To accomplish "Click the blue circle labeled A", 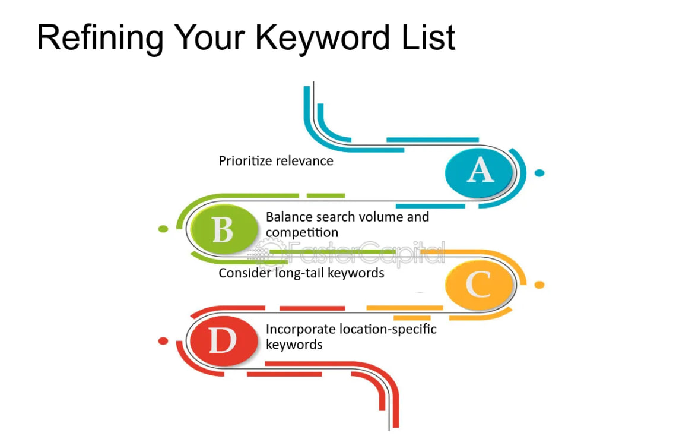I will click(x=479, y=172).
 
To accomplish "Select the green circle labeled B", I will click(x=223, y=229).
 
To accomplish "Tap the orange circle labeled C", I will click(x=479, y=286).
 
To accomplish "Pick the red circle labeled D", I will click(x=223, y=342).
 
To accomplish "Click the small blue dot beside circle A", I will click(x=539, y=173).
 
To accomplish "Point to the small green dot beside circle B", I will click(x=163, y=229).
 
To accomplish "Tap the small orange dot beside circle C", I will click(x=539, y=285).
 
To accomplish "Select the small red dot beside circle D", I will click(x=163, y=341).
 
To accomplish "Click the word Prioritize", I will click(x=245, y=161).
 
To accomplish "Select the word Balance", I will click(x=288, y=217).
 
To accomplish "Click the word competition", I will click(x=302, y=232).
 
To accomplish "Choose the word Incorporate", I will click(x=300, y=329).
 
